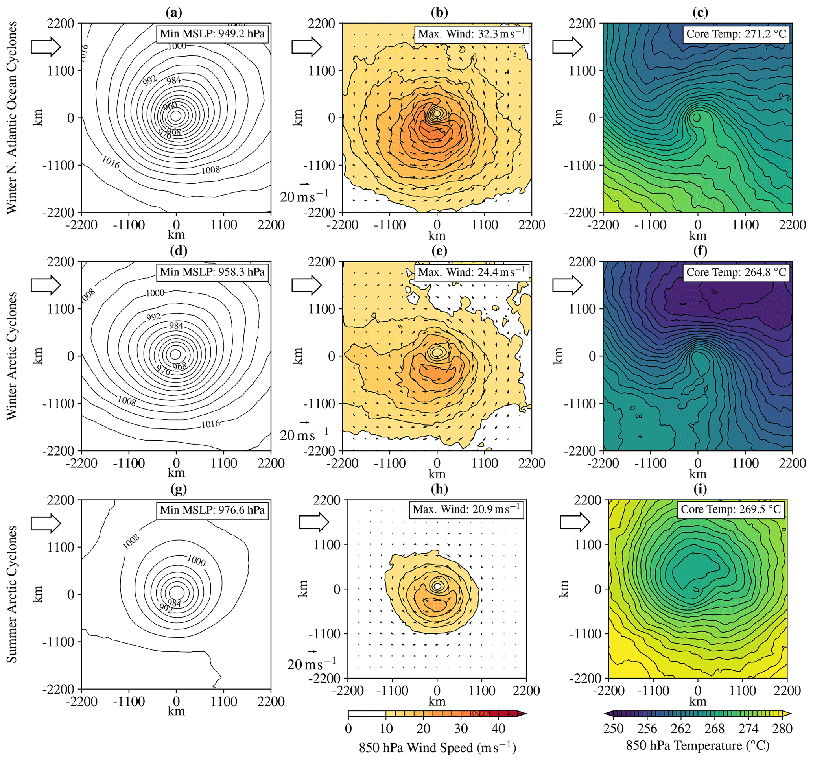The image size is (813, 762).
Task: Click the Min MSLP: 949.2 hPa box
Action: [x=212, y=33]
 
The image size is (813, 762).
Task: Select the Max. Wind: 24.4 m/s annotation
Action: [x=472, y=272]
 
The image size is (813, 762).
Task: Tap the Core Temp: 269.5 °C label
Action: [x=731, y=509]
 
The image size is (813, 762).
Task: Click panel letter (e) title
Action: [x=439, y=251]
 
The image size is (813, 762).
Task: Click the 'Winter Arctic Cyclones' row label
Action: [x=12, y=356]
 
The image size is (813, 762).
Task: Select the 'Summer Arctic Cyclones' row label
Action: [x=12, y=594]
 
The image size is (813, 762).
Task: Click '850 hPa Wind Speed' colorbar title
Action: [x=437, y=748]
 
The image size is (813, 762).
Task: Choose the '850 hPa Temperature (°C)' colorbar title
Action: [x=697, y=745]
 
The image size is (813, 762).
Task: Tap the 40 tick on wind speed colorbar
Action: [x=498, y=729]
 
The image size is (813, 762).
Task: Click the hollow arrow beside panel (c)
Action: [x=567, y=47]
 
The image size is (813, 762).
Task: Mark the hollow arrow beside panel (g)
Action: [x=46, y=523]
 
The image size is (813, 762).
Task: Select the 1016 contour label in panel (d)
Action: [x=210, y=424]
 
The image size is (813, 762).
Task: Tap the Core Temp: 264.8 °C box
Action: [x=736, y=272]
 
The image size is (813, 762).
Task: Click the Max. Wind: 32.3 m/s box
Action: [x=472, y=33]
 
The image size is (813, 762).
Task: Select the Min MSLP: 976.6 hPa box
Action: [x=212, y=511]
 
